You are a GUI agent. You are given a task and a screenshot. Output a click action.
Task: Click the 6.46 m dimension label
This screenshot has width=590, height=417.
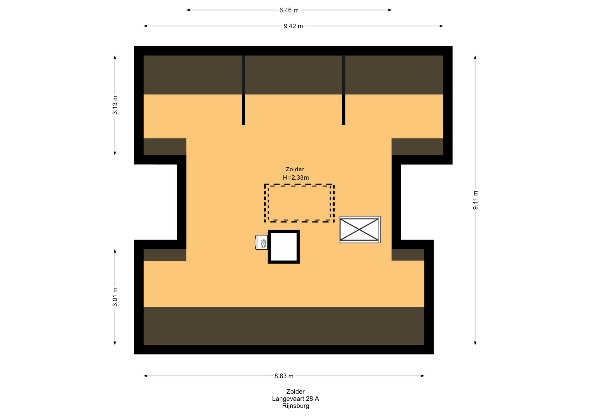point(289,10)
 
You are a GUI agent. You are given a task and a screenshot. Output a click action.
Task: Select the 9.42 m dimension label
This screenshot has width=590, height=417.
point(293,26)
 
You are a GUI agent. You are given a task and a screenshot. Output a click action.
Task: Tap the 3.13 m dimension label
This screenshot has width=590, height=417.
point(115,105)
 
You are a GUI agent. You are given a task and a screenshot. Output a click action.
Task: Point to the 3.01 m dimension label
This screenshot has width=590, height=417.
point(115,297)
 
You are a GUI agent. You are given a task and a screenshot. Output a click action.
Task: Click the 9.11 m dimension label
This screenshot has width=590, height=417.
point(475,200)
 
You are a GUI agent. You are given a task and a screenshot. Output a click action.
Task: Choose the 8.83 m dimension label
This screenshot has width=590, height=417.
point(284,376)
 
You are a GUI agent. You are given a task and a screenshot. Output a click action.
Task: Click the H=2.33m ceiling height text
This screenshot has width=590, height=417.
point(296,177)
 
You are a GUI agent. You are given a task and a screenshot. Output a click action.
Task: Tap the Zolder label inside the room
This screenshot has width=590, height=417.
point(295,169)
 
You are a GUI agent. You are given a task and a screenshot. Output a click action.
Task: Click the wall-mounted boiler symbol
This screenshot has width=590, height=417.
point(262,242)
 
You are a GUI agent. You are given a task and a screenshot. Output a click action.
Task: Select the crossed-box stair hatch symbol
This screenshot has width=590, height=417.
point(360,230)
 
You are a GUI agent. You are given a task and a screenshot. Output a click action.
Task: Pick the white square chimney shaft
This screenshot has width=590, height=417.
point(284,247)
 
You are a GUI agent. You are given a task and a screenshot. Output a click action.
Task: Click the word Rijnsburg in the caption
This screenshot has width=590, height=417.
point(296,406)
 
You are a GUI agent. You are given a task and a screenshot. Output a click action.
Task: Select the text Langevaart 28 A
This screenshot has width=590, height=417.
point(296,399)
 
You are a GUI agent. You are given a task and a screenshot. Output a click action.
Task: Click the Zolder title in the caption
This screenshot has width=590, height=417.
point(295,392)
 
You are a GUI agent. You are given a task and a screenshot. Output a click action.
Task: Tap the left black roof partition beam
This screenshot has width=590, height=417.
point(243,90)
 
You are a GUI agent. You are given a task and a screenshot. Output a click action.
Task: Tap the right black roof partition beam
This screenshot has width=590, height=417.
point(344,90)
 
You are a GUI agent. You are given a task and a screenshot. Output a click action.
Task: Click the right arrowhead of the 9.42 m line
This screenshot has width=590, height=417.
point(442,26)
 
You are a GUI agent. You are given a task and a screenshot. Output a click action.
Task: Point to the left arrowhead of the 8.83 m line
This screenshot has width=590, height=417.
point(145,376)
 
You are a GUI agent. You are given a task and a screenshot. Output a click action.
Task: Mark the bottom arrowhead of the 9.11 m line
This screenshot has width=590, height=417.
point(475,343)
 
